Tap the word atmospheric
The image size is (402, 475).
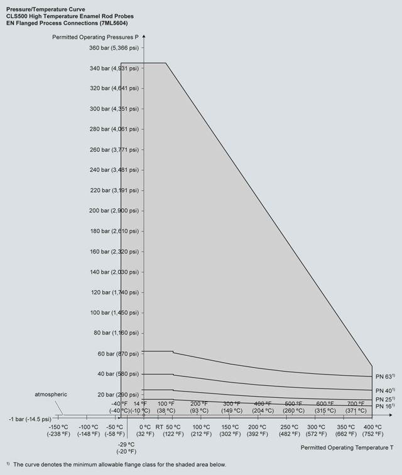pyautogui.click(x=51, y=394)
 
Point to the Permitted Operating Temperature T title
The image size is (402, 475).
pyautogui.click(x=347, y=447)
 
